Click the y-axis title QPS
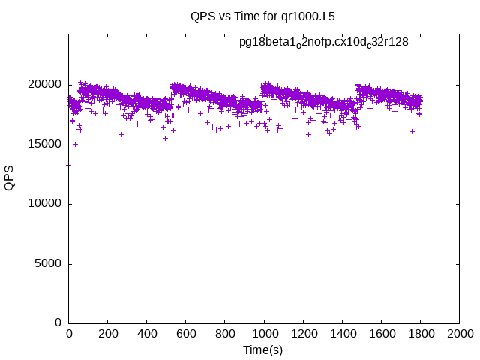click(x=10, y=178)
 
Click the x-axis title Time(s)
click(x=262, y=349)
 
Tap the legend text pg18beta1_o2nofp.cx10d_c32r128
click(x=324, y=42)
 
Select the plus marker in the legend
click(x=430, y=43)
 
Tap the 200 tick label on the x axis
click(x=108, y=334)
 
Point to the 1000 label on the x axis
click(x=264, y=334)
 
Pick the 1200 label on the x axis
click(x=303, y=334)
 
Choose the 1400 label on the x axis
click(x=342, y=334)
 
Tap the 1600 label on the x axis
click(x=381, y=334)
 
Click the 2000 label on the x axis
click(x=459, y=334)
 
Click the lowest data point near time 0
click(x=69, y=165)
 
